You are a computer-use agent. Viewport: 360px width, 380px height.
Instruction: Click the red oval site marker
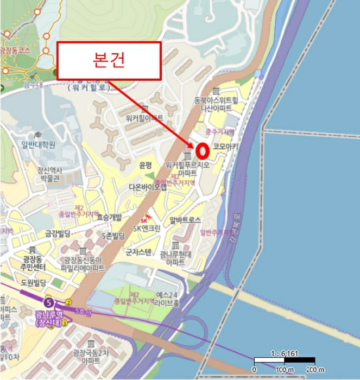click(x=203, y=149)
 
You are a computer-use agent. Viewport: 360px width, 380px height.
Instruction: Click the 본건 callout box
click(x=109, y=60)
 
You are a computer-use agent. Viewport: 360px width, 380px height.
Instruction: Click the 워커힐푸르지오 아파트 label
click(x=187, y=168)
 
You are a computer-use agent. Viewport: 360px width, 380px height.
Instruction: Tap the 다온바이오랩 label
click(x=148, y=187)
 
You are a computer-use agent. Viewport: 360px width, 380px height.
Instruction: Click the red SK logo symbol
click(x=144, y=220)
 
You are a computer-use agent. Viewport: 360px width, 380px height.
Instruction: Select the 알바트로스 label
click(x=185, y=220)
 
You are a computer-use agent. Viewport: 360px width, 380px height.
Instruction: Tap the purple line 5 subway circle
click(x=49, y=302)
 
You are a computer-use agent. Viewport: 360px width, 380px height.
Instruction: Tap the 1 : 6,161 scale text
click(x=284, y=353)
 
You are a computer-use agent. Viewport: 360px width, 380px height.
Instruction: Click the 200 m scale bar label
click(x=315, y=370)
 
